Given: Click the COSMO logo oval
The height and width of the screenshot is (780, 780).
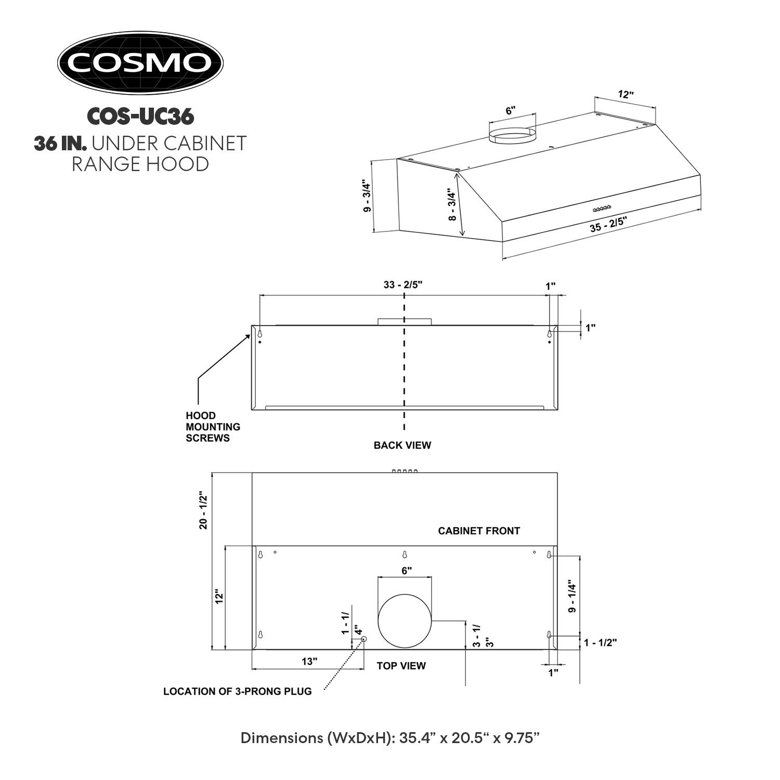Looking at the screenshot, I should click(140, 63).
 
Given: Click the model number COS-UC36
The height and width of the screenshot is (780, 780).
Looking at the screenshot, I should click(140, 116).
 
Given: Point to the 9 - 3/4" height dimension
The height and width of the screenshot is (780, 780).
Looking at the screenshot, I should click(367, 196).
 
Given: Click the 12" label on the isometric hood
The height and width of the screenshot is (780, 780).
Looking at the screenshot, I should click(626, 95).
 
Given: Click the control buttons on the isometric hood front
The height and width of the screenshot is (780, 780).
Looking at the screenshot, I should click(602, 209).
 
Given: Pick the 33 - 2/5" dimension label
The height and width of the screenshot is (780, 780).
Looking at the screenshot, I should click(403, 285).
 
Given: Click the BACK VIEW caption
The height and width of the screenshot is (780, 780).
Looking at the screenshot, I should click(402, 445).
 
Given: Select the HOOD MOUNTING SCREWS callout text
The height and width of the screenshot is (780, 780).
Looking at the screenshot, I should click(213, 427).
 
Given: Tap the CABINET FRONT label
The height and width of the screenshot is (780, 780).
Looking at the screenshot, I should click(479, 531).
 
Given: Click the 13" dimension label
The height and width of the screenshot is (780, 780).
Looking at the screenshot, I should click(309, 661).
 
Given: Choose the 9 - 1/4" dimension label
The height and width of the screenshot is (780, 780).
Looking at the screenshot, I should click(573, 596).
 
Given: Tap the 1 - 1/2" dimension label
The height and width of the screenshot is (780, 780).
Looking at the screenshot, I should click(600, 643).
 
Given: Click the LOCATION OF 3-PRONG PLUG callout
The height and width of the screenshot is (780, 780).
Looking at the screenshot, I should click(238, 692).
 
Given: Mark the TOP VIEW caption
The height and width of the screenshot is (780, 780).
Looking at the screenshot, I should click(401, 666).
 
